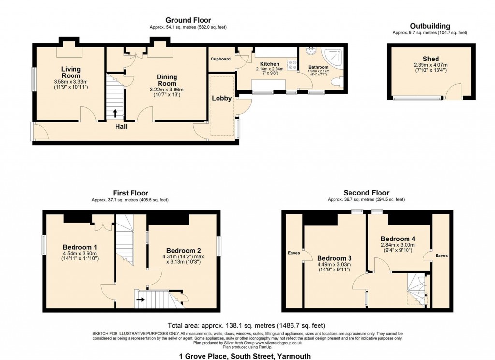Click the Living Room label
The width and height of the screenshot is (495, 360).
pos(71,72)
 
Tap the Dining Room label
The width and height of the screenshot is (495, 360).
pos(167,80)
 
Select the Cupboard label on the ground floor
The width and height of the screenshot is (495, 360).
pos(220,59)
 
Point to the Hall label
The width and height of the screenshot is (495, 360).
pos(121,127)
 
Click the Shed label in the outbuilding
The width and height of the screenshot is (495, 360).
pos(431,59)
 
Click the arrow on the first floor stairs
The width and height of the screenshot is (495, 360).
pos(141,300)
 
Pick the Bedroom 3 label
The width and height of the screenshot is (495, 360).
pos(334,257)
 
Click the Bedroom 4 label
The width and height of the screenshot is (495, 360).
pos(398,239)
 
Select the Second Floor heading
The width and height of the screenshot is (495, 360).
pos(366,193)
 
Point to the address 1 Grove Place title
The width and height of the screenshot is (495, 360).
pos(247,356)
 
